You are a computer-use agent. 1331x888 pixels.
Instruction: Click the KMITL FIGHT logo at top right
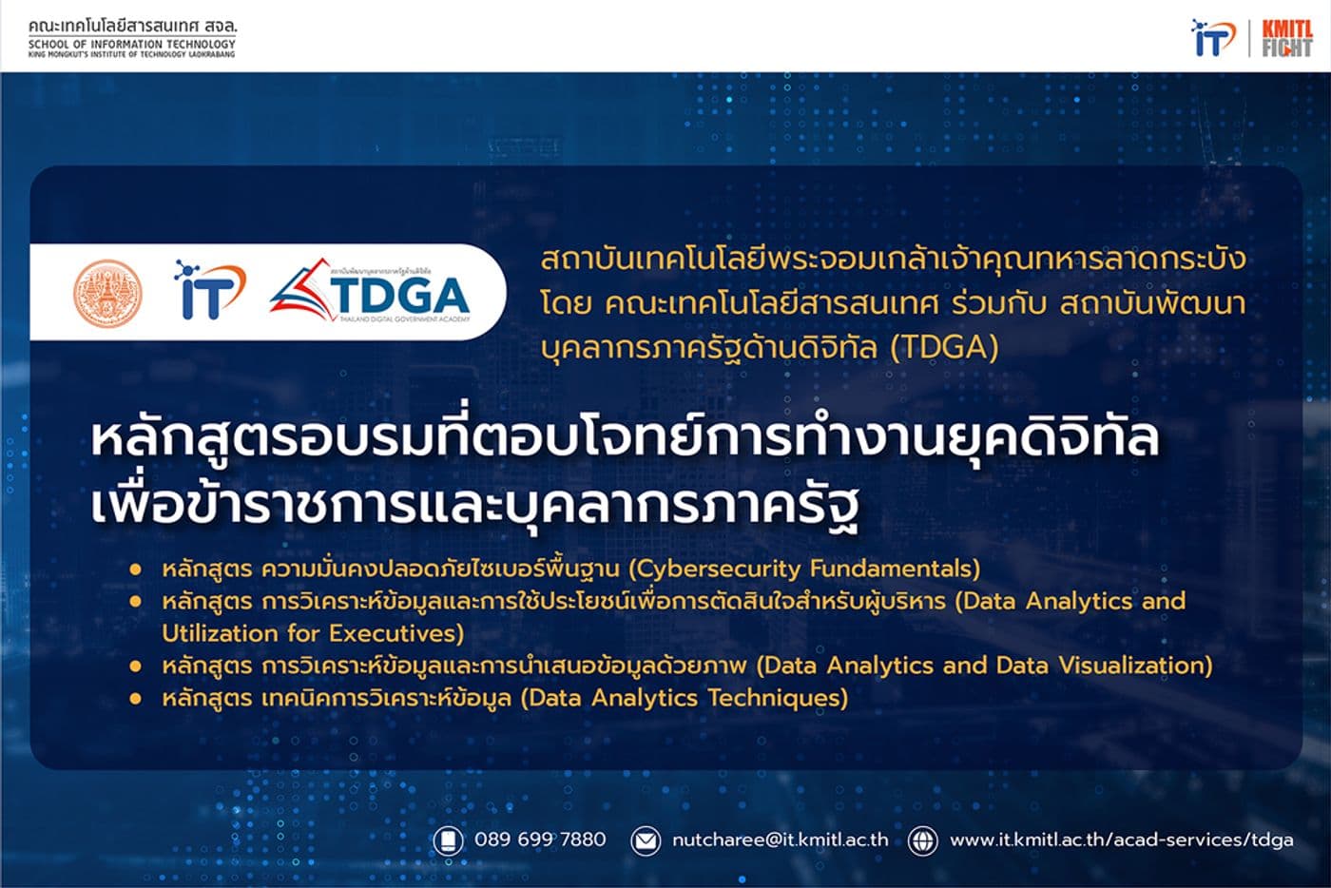tap(1286, 38)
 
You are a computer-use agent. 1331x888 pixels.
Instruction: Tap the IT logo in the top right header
tap(1214, 38)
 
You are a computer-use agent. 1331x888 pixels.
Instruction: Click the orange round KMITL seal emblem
tap(107, 293)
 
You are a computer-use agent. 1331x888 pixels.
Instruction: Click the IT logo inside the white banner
tap(209, 290)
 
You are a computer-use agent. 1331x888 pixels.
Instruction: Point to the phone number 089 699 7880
tap(539, 840)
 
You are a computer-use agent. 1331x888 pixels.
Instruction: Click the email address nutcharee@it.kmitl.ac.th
tap(780, 840)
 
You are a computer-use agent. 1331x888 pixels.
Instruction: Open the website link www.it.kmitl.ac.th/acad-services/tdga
tap(1121, 840)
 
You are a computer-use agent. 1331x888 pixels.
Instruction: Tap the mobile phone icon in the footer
tap(448, 840)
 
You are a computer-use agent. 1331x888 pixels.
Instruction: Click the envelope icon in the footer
tap(646, 840)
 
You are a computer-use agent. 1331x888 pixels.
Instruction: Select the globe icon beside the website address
tap(922, 840)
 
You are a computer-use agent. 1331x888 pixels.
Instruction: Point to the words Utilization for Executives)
tap(313, 633)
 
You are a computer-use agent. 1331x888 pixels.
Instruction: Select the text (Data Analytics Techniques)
tap(684, 698)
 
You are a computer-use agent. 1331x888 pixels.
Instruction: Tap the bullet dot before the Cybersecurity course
tap(136, 569)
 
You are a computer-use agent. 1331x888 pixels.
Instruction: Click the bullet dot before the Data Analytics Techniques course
tap(136, 699)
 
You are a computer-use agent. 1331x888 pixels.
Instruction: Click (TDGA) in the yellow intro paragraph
tap(944, 347)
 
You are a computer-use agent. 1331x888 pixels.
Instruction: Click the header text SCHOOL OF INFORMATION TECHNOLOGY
tap(132, 44)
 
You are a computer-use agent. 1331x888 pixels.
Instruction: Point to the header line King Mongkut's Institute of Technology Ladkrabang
tap(132, 55)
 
